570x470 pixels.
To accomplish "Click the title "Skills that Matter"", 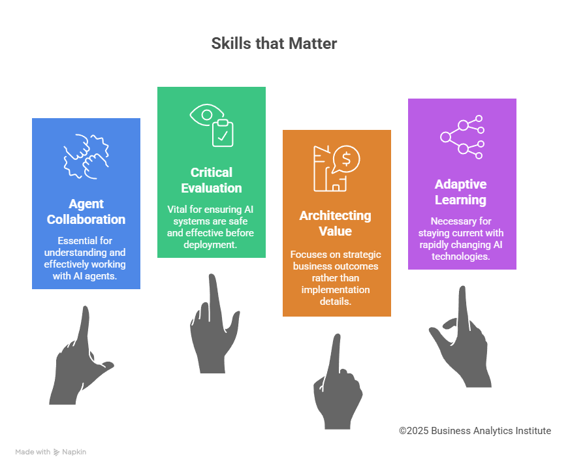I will point(274,44).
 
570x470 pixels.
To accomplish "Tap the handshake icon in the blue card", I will point(86,155).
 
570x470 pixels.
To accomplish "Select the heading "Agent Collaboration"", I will point(86,211).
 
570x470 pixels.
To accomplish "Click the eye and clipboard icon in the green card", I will point(212,125).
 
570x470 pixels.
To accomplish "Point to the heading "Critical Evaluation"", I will point(212,180).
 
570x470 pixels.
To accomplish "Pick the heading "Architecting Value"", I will point(336,223).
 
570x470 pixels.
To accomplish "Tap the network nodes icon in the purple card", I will point(462,138).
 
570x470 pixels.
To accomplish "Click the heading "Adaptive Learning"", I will point(461,192).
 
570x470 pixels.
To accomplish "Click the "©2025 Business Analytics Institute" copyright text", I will point(475,431).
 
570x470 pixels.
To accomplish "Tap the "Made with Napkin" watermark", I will point(51,452).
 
